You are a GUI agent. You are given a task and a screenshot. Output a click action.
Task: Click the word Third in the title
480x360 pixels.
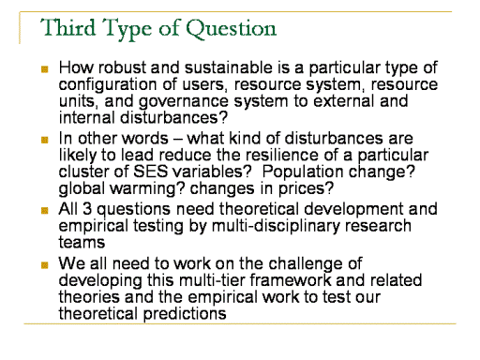click(67, 27)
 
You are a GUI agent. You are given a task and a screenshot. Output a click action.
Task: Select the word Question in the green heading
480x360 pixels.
click(231, 29)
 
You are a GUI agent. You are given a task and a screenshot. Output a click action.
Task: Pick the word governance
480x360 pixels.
click(184, 102)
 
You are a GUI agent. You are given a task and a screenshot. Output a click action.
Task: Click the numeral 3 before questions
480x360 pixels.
click(87, 209)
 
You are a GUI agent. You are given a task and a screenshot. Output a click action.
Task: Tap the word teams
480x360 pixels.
click(82, 243)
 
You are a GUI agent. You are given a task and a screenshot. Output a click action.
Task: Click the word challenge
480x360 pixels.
click(310, 264)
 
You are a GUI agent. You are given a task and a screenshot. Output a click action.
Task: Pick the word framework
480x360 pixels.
click(291, 280)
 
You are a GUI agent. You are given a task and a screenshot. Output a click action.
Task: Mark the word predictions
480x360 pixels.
click(185, 314)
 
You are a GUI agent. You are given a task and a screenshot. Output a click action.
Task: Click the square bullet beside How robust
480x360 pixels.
click(45, 68)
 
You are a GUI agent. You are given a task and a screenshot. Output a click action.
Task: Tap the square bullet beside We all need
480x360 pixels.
click(45, 265)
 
